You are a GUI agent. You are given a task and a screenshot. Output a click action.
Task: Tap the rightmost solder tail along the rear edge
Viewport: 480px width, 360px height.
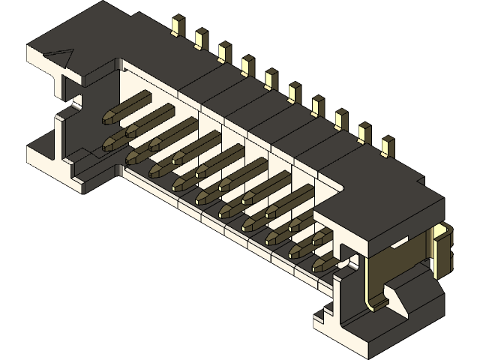(x=388, y=146)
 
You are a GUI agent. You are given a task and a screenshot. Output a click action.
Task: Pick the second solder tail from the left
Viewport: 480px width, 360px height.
(x=201, y=38)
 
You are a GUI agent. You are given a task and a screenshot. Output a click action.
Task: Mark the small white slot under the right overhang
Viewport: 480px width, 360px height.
(x=398, y=241)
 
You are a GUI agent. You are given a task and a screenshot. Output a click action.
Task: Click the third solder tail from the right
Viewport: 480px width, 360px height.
(x=341, y=119)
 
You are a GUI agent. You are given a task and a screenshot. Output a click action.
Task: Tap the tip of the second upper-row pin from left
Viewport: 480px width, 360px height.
(x=133, y=130)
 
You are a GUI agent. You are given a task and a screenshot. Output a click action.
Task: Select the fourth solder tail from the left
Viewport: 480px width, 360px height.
(x=248, y=66)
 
